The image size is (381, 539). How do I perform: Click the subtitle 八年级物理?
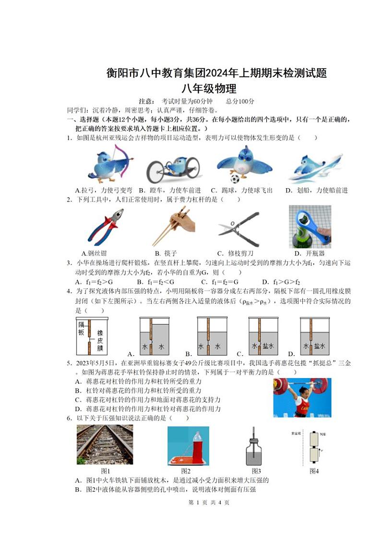pyautogui.click(x=209, y=89)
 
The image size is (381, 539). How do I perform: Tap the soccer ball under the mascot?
pyautogui.click(x=235, y=179)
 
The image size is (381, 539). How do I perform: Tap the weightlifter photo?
pyautogui.click(x=301, y=398)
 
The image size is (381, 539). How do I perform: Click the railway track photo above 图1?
pyautogui.click(x=105, y=445)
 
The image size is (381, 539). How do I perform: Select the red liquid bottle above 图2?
pyautogui.click(x=188, y=445)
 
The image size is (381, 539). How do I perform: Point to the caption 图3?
pyautogui.click(x=256, y=471)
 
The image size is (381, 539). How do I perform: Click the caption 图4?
pyautogui.click(x=314, y=471)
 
